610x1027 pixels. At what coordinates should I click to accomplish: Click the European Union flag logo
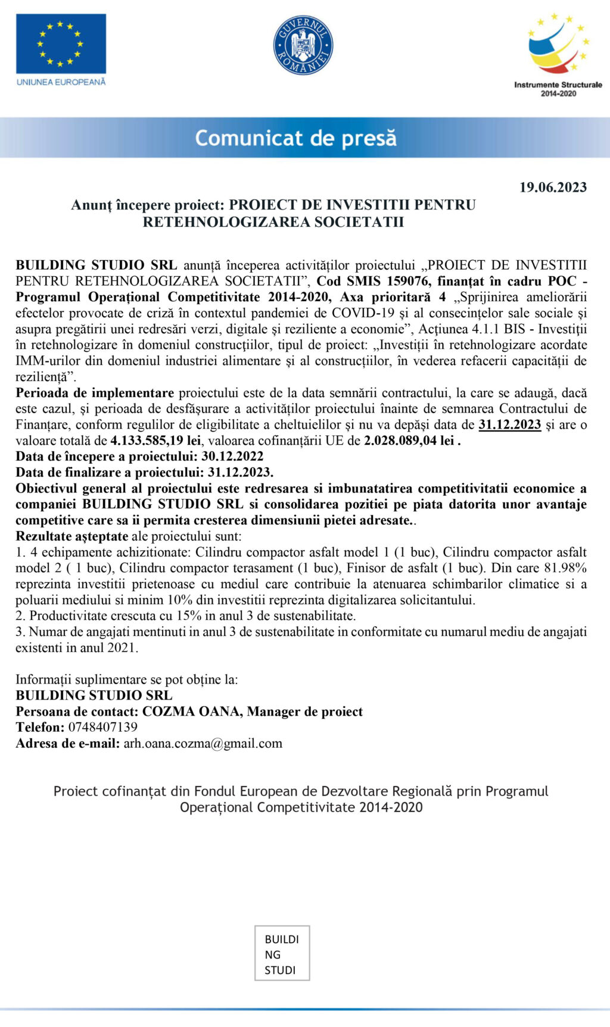(61, 43)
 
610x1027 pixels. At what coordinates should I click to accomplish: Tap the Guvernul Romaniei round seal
(303, 45)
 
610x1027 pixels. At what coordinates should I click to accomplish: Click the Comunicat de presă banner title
(295, 138)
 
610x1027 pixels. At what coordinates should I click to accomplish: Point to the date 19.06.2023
(553, 188)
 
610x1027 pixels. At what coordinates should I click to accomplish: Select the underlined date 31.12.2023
(509, 424)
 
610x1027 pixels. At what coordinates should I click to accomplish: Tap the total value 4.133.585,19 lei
(155, 441)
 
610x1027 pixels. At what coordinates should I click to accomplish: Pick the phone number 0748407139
(102, 727)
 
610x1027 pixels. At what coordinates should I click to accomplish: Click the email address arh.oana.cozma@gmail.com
(203, 743)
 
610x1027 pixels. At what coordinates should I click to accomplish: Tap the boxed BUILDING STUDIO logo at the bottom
(282, 953)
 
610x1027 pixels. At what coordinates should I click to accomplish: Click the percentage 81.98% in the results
(565, 568)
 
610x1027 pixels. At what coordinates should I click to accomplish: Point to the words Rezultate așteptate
(72, 536)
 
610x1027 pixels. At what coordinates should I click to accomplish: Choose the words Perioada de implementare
(95, 393)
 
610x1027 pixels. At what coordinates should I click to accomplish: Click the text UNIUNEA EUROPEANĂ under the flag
(61, 82)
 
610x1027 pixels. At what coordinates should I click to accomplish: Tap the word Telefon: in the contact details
(41, 727)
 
